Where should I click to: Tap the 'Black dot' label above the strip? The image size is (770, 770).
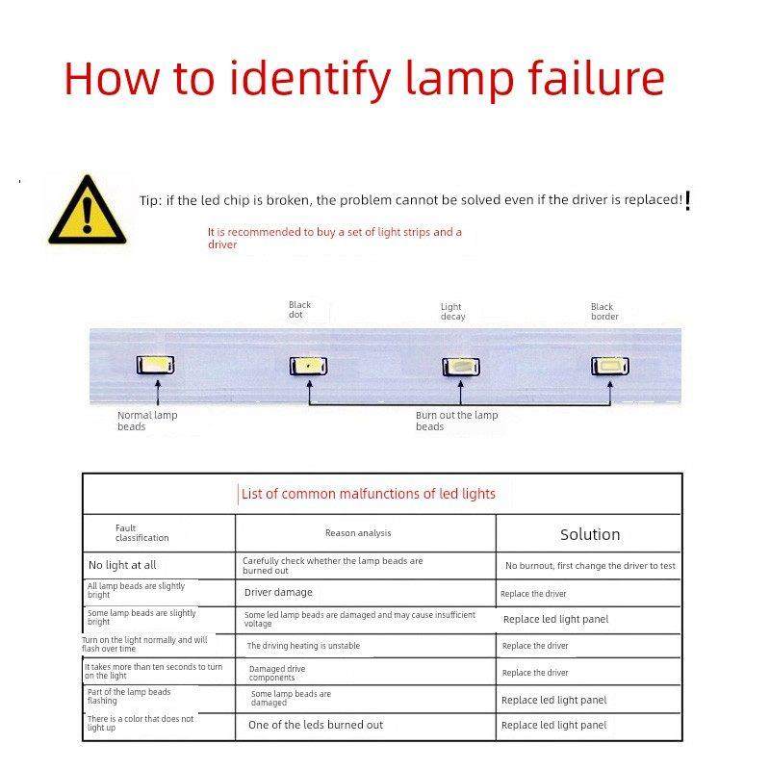(x=299, y=310)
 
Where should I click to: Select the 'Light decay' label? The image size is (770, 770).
(x=452, y=312)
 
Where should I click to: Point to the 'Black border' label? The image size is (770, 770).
(x=604, y=311)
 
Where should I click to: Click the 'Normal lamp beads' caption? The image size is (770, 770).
(x=147, y=421)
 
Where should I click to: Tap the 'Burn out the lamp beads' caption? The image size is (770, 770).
(x=457, y=421)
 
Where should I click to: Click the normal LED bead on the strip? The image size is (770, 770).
(x=157, y=366)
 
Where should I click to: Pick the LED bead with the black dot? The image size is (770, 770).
(x=308, y=366)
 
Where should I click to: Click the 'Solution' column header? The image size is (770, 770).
(x=590, y=534)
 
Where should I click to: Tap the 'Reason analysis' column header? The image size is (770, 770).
(x=358, y=532)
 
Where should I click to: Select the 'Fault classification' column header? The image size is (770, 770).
(x=141, y=533)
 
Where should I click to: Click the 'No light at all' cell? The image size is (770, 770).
(x=122, y=566)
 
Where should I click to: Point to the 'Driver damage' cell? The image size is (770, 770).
(x=278, y=593)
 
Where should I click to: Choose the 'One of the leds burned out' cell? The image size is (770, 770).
(x=316, y=725)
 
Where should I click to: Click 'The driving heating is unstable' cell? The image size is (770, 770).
(x=303, y=646)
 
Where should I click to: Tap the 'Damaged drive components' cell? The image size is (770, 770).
(x=277, y=672)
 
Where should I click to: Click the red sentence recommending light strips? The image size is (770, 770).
(x=334, y=238)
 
